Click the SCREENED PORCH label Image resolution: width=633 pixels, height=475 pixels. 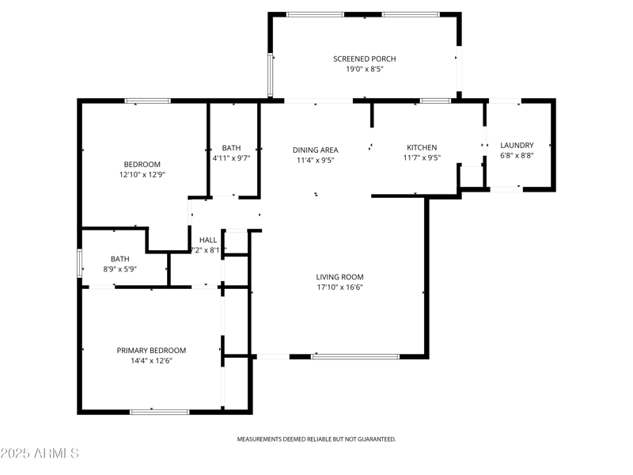[364, 59]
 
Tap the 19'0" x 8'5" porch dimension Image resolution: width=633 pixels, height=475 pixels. [364, 70]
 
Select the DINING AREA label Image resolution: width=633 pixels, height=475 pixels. [316, 150]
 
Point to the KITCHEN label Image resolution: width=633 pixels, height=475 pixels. [422, 147]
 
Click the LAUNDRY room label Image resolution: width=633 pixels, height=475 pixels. [517, 145]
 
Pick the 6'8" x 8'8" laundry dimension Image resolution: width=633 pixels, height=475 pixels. [517, 156]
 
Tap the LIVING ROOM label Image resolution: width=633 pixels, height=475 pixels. [339, 276]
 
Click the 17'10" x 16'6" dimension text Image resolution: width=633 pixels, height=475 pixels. [339, 287]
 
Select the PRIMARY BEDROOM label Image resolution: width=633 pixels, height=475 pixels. [151, 350]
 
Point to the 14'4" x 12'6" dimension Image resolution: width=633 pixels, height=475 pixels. [151, 361]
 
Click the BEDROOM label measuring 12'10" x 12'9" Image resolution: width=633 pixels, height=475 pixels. [142, 164]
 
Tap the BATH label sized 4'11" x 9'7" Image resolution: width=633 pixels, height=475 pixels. [231, 147]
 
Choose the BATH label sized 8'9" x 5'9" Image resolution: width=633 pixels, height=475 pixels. [119, 258]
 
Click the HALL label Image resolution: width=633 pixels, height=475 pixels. [208, 240]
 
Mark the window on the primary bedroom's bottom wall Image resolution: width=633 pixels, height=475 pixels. [159, 411]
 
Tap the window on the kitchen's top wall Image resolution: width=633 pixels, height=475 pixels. [435, 101]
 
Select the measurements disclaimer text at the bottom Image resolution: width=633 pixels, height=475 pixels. [316, 439]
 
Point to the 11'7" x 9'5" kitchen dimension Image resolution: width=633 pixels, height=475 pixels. [422, 158]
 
